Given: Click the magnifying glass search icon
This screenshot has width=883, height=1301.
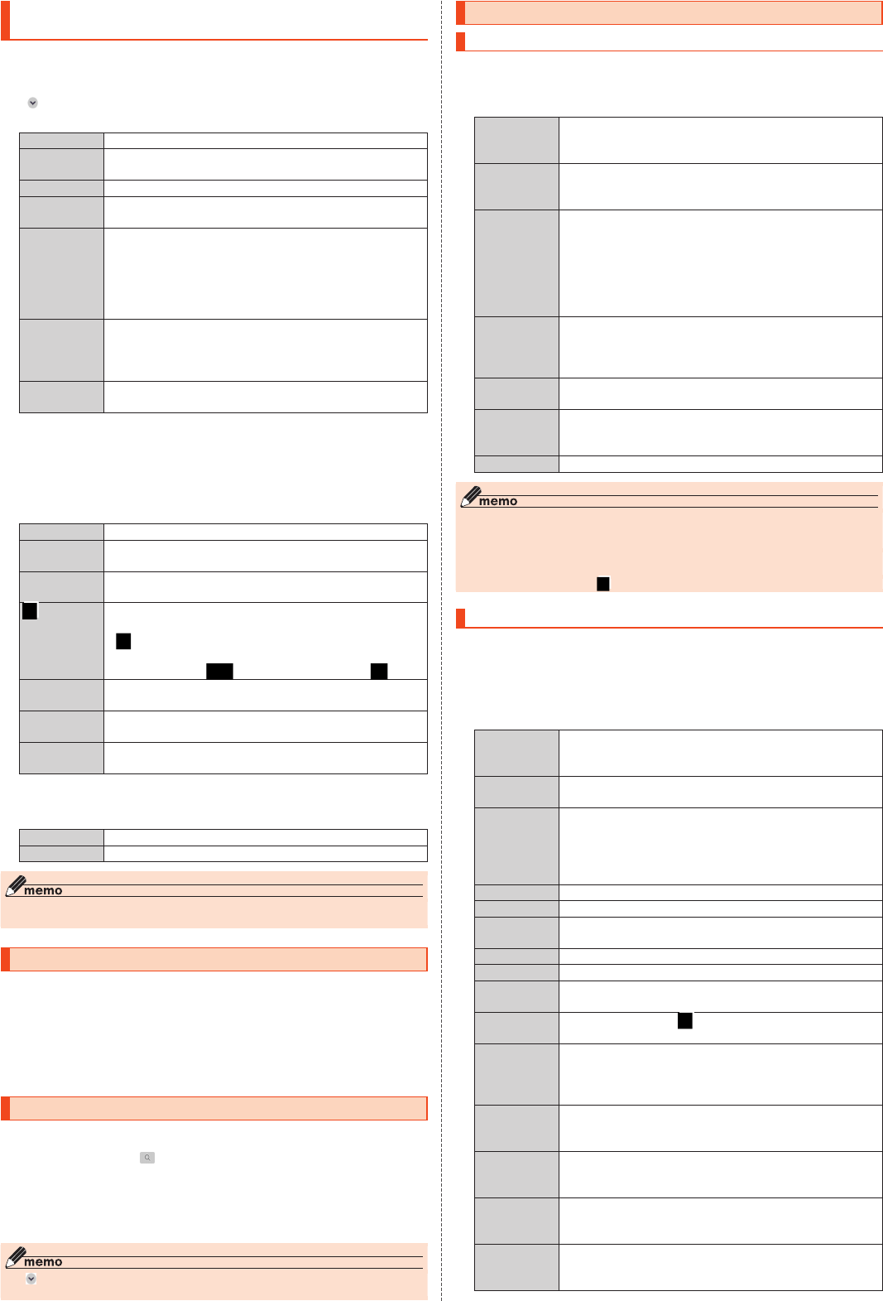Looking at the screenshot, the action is [x=147, y=1158].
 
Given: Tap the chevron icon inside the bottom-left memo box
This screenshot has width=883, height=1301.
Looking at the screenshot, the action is [x=31, y=1279].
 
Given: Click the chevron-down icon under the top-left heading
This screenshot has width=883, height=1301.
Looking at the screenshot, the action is [x=33, y=103].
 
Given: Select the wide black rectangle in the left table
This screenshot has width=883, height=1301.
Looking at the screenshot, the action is [x=219, y=671].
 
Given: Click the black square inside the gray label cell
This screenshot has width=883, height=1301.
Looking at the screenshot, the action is [x=30, y=611].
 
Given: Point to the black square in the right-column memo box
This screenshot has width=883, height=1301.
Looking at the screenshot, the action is [x=603, y=584].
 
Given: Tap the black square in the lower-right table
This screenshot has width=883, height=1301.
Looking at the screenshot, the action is [x=685, y=1021].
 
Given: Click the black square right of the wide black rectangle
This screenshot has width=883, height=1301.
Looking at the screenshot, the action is [x=379, y=671].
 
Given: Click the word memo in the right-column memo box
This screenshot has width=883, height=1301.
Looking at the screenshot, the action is [x=498, y=501].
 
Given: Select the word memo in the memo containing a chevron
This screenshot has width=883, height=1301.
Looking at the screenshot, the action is [x=43, y=1262].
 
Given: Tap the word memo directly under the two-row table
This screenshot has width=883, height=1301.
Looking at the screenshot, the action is [x=43, y=890].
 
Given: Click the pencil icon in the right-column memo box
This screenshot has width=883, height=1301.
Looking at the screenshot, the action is [x=470, y=496].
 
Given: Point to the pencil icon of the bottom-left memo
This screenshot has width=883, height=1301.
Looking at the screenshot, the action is [x=15, y=1257].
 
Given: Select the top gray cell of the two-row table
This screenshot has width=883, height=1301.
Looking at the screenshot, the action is [x=61, y=837].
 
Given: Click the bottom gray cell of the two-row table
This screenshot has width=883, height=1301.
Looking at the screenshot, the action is [x=61, y=854].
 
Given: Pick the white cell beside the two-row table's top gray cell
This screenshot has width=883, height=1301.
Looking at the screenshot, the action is [x=265, y=837].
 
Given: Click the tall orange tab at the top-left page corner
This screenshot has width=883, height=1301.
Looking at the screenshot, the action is [x=5, y=20].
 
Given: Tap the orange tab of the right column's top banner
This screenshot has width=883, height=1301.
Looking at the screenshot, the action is [x=461, y=13].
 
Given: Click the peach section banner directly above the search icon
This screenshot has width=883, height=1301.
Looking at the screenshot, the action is [x=214, y=1108].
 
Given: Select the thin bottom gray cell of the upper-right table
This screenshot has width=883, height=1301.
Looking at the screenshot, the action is [x=516, y=464].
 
